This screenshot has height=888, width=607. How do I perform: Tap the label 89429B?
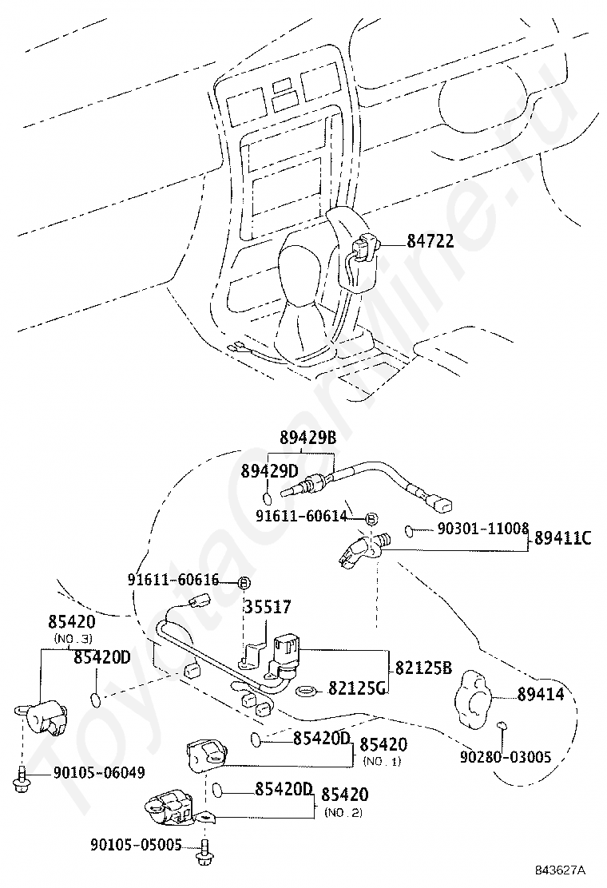coord(308,438)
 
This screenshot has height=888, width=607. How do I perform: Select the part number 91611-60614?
coord(301,517)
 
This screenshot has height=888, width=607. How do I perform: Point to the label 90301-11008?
coord(482,529)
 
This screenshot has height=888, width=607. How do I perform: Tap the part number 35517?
coord(267,608)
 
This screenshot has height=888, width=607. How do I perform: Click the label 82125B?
coord(424,667)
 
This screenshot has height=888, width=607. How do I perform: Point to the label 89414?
coord(540,695)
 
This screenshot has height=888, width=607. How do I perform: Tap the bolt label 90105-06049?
coord(99,771)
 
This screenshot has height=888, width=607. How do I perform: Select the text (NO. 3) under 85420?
coord(73,639)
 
